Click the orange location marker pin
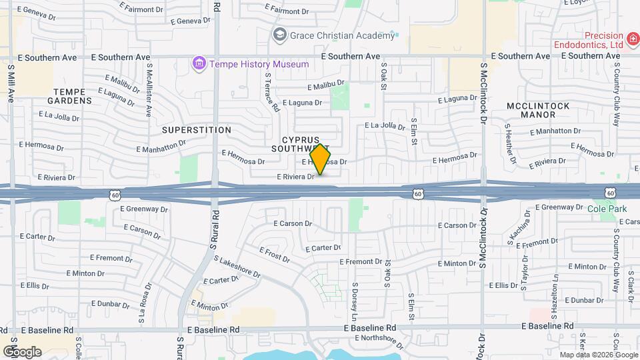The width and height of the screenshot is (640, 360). pos(321,159)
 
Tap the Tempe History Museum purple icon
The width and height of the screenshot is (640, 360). pos(198,64)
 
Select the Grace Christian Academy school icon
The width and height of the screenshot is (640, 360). pos(279,34)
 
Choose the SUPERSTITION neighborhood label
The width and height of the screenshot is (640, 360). pos(196,130)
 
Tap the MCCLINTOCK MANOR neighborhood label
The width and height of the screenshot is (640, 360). pos(539,110)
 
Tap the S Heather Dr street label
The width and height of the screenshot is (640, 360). pos(511,143)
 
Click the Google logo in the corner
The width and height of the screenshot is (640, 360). pos(22,351)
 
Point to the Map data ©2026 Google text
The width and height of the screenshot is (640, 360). pos(598,355)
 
